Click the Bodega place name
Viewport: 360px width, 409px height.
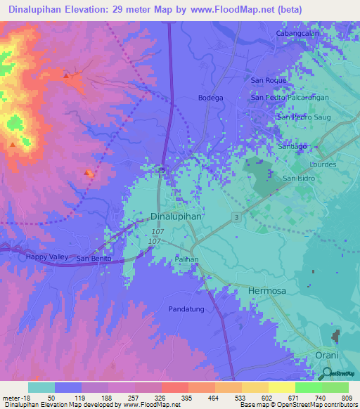211,98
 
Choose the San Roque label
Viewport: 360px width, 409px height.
267,80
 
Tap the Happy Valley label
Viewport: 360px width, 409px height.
47,257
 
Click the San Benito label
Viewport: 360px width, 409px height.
94,258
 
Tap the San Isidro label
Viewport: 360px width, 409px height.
300,178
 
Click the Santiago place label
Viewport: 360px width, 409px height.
292,146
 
